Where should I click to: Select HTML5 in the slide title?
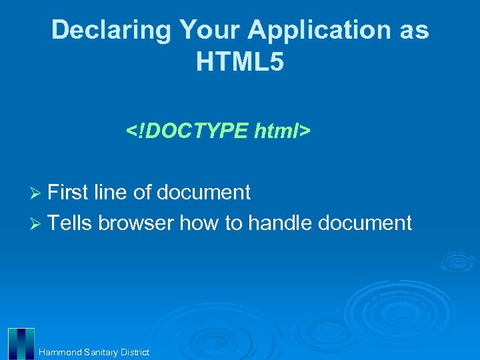click(x=240, y=62)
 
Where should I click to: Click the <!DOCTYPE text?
click(x=187, y=131)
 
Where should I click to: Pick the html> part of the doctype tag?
click(x=282, y=131)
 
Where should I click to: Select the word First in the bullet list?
click(x=68, y=193)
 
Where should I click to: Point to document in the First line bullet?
click(x=203, y=193)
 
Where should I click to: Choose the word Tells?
click(x=71, y=223)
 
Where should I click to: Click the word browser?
click(x=136, y=223)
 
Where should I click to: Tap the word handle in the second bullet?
click(x=280, y=223)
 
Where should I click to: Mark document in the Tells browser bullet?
click(x=365, y=223)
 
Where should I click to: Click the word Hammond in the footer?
click(x=60, y=352)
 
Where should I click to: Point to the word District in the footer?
click(x=135, y=352)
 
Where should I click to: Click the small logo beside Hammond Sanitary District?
click(x=21, y=343)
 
